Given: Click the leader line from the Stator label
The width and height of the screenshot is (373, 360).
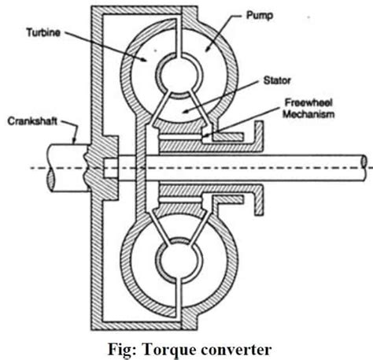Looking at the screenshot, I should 228,93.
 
